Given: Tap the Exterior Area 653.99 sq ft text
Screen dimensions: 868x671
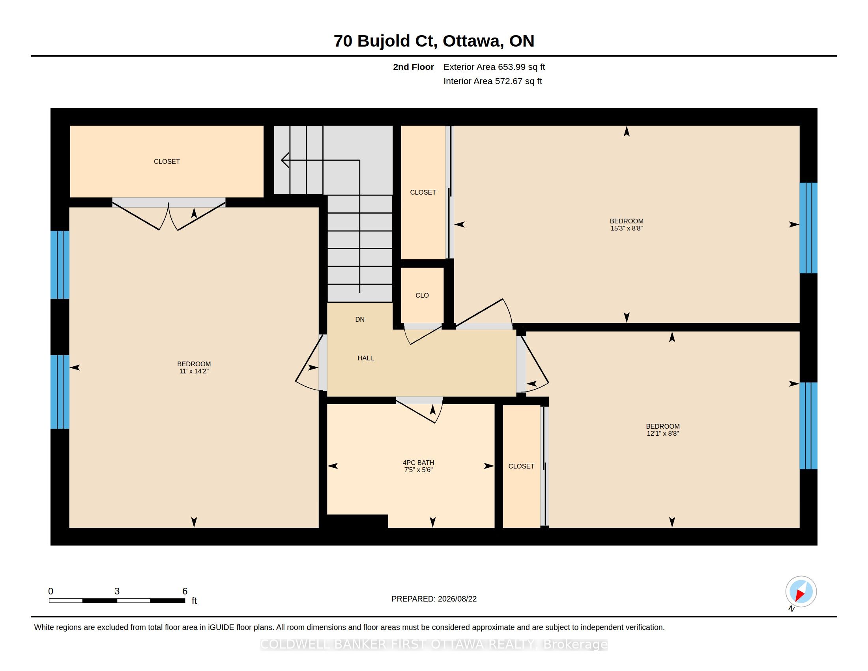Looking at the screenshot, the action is tap(494, 67).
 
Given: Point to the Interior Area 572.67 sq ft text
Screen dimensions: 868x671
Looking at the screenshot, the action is tap(492, 81).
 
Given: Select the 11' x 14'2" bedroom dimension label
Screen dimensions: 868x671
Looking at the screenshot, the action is tap(194, 371).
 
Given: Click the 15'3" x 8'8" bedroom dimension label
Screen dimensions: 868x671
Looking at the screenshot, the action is tap(627, 228).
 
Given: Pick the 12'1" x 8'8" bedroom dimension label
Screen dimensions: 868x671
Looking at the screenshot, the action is tap(662, 433).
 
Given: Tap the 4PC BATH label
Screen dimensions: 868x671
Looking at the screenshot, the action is tap(418, 463).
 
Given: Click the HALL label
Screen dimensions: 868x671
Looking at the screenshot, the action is tap(365, 358).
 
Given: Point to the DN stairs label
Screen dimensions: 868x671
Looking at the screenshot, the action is tap(360, 320).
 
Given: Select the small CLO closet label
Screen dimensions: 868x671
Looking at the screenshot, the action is tap(422, 295).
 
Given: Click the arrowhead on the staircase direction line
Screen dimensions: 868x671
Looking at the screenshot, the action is tap(285, 160).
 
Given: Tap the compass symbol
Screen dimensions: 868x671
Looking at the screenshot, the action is tap(801, 592).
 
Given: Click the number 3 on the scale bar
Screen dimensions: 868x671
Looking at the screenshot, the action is tap(117, 591).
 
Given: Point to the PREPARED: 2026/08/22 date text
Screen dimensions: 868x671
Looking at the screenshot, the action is tap(434, 599).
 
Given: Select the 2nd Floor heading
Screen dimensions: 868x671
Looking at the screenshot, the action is tap(413, 67).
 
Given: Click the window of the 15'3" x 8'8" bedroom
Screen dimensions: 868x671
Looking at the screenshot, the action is tap(808, 228).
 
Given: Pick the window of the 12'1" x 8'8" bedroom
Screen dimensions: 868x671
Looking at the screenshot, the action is tap(808, 426).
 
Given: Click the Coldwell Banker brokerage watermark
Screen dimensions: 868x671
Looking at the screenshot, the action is tap(434, 645).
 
